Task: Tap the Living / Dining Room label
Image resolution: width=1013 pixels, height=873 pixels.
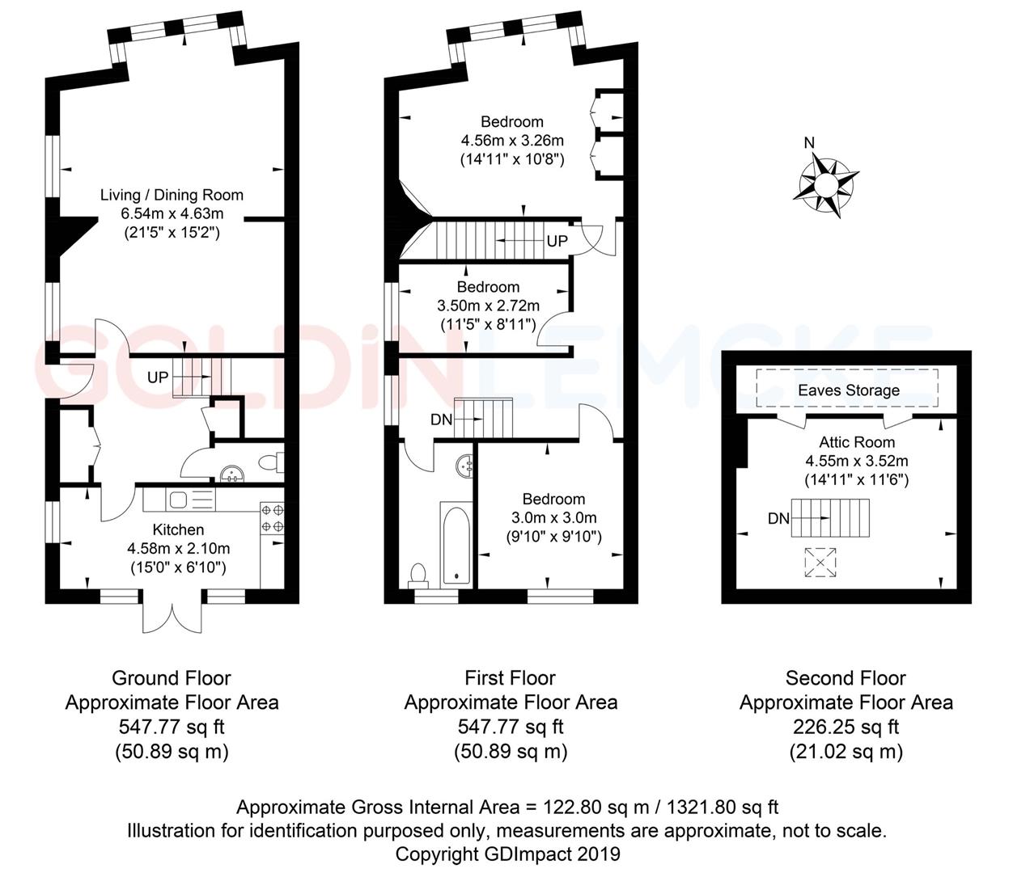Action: point(172,195)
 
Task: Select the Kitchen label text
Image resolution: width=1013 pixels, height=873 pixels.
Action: point(178,529)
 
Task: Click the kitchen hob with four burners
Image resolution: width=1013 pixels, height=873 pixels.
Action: point(272,518)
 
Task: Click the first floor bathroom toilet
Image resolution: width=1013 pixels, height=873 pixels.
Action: point(418,575)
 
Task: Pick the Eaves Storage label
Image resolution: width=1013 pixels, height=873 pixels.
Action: point(848,390)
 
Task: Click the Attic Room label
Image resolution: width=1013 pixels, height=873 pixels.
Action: point(857,442)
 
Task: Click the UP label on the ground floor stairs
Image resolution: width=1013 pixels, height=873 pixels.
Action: point(158,377)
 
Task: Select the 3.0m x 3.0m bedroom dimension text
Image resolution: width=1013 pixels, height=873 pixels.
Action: point(553,518)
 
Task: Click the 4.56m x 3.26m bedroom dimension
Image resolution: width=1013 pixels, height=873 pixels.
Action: point(511,141)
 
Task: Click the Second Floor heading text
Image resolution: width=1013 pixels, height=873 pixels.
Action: point(846,678)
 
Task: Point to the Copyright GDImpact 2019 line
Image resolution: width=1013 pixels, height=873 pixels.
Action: point(507,854)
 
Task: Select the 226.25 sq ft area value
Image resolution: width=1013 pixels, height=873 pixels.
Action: point(846,727)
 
